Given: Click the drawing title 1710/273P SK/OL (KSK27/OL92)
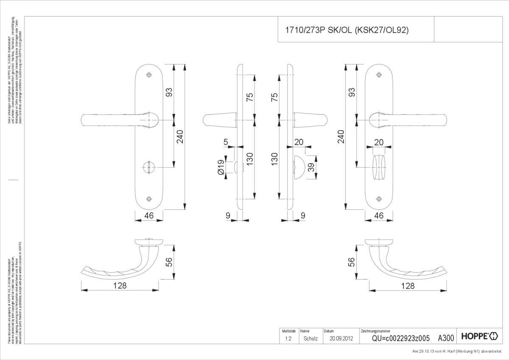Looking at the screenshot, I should pos(346,30).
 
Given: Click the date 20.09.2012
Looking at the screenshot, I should pos(338,338).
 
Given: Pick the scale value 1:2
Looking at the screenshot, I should pos(288,338).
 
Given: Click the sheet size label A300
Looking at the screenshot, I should pos(446,338).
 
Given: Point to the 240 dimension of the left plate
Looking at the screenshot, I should pos(180,137).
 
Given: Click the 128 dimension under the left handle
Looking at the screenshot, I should pos(120,285).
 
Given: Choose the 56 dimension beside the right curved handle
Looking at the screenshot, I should pos(351,262).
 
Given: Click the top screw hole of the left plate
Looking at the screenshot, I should pos(148,75).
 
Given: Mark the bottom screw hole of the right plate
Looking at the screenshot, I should pos(379,198).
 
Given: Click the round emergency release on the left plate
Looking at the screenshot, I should pos(148,167).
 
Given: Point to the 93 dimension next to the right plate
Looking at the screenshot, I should pos(351,92).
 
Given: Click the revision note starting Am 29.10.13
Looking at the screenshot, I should pos(459,351).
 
